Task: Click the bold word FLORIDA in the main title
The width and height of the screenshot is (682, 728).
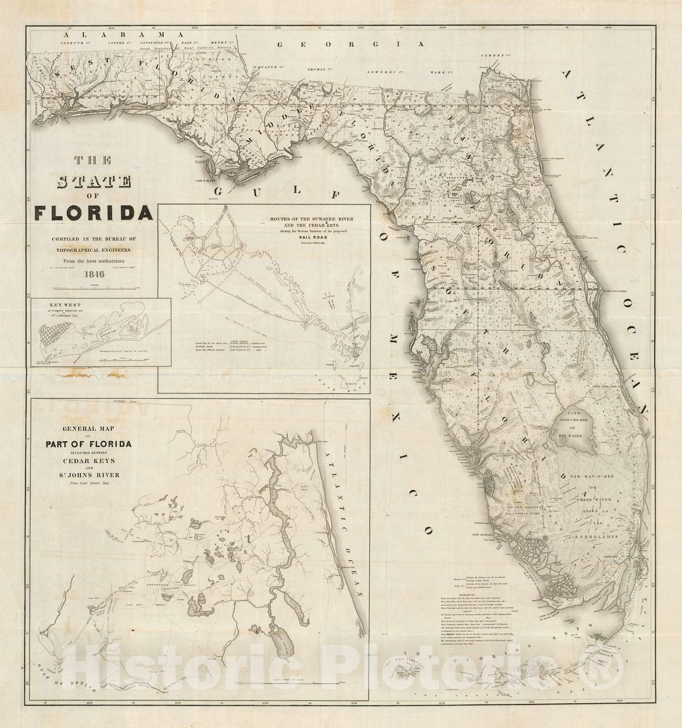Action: point(94,212)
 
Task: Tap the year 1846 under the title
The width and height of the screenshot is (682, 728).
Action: point(93,274)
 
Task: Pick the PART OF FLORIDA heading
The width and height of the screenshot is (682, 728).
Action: point(88,444)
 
